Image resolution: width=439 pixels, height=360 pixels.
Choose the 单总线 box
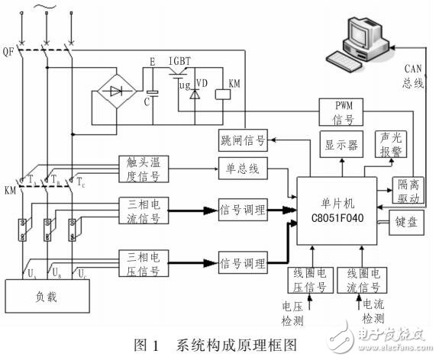point(241,169)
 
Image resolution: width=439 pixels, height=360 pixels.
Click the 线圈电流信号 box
point(363,280)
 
